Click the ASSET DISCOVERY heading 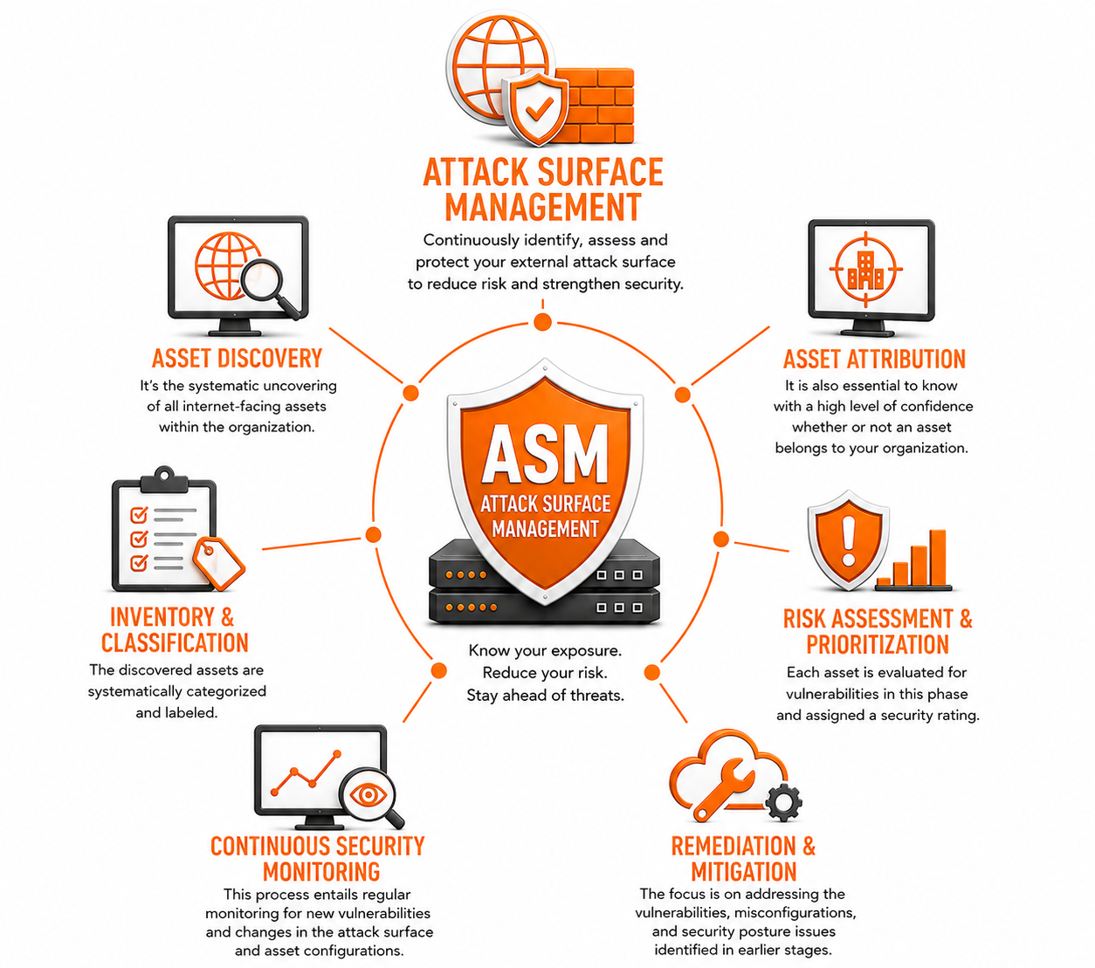(x=237, y=359)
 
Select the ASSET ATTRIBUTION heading (x=874, y=360)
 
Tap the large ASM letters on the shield (x=545, y=453)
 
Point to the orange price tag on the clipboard (x=218, y=563)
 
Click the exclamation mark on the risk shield (x=849, y=541)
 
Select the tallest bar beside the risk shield (x=937, y=558)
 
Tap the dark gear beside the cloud (x=783, y=802)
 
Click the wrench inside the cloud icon (x=723, y=789)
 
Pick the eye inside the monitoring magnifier (x=368, y=794)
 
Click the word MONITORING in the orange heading (x=321, y=872)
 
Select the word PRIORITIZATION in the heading (x=878, y=644)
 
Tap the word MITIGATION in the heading (x=744, y=872)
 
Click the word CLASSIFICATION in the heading (x=175, y=642)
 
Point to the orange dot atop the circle (x=542, y=322)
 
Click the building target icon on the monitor (x=866, y=269)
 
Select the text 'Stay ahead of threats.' (x=546, y=695)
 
